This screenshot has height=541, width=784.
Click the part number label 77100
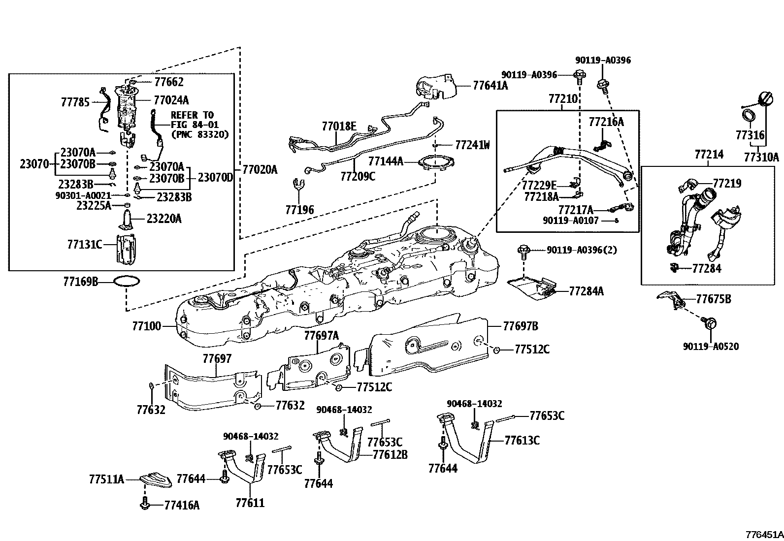pyautogui.click(x=146, y=326)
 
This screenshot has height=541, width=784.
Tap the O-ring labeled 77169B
pyautogui.click(x=127, y=282)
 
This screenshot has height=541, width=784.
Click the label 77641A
pyautogui.click(x=490, y=85)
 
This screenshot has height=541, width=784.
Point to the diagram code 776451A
pyautogui.click(x=764, y=534)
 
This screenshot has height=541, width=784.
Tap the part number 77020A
pyautogui.click(x=260, y=170)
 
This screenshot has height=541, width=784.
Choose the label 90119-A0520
pyautogui.click(x=711, y=347)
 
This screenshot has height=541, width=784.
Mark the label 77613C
pyautogui.click(x=522, y=440)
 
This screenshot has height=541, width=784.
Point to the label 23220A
pyautogui.click(x=163, y=219)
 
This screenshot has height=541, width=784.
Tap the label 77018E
pyautogui.click(x=339, y=127)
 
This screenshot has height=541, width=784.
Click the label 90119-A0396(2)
pyautogui.click(x=581, y=250)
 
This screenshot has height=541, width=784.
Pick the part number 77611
pyautogui.click(x=250, y=503)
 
